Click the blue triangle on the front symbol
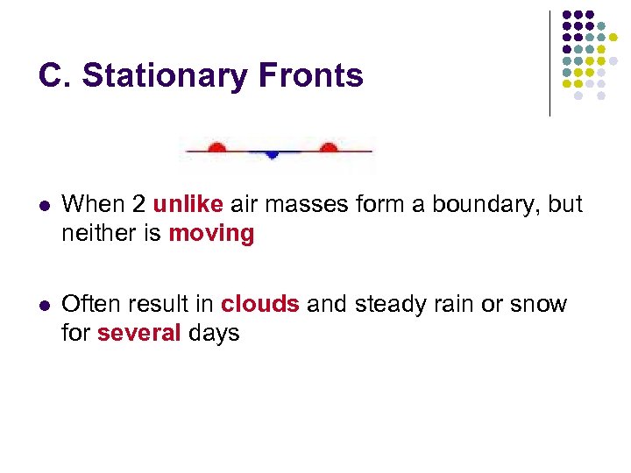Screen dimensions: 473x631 point(272,154)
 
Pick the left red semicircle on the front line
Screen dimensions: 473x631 point(217,147)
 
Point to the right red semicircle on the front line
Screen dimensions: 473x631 point(329,147)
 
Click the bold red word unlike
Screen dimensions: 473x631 point(188,205)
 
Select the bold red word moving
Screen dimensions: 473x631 point(211,234)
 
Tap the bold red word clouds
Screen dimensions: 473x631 point(260,305)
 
